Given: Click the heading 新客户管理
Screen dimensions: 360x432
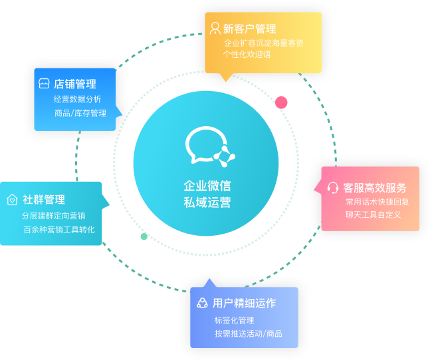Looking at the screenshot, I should coord(249,29).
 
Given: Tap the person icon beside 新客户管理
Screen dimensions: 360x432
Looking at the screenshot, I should coord(215,29).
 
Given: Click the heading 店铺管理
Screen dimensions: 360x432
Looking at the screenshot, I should coord(75,84).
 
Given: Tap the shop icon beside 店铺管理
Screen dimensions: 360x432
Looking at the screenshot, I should coord(44,84).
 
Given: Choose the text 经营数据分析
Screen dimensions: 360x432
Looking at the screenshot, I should coord(78,99).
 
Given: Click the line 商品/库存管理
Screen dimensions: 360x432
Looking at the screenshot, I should coord(80,113).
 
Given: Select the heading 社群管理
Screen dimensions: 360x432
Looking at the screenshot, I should coord(44,199).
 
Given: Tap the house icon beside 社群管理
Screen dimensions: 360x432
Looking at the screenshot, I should coord(12,199).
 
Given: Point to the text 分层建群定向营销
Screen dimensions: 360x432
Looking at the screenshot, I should coord(53,216).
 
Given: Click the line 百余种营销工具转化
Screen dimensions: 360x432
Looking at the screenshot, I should coord(58,230).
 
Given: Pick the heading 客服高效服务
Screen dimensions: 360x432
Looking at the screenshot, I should coord(375,188).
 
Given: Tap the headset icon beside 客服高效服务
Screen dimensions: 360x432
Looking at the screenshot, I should coord(334,188).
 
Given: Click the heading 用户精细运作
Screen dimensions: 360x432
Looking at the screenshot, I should coord(244,304).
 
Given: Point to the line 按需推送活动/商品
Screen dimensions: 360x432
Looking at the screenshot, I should coord(248,333).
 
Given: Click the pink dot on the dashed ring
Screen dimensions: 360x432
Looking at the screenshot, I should coord(281,102).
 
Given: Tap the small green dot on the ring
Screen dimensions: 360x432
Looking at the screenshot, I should coord(144,236).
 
